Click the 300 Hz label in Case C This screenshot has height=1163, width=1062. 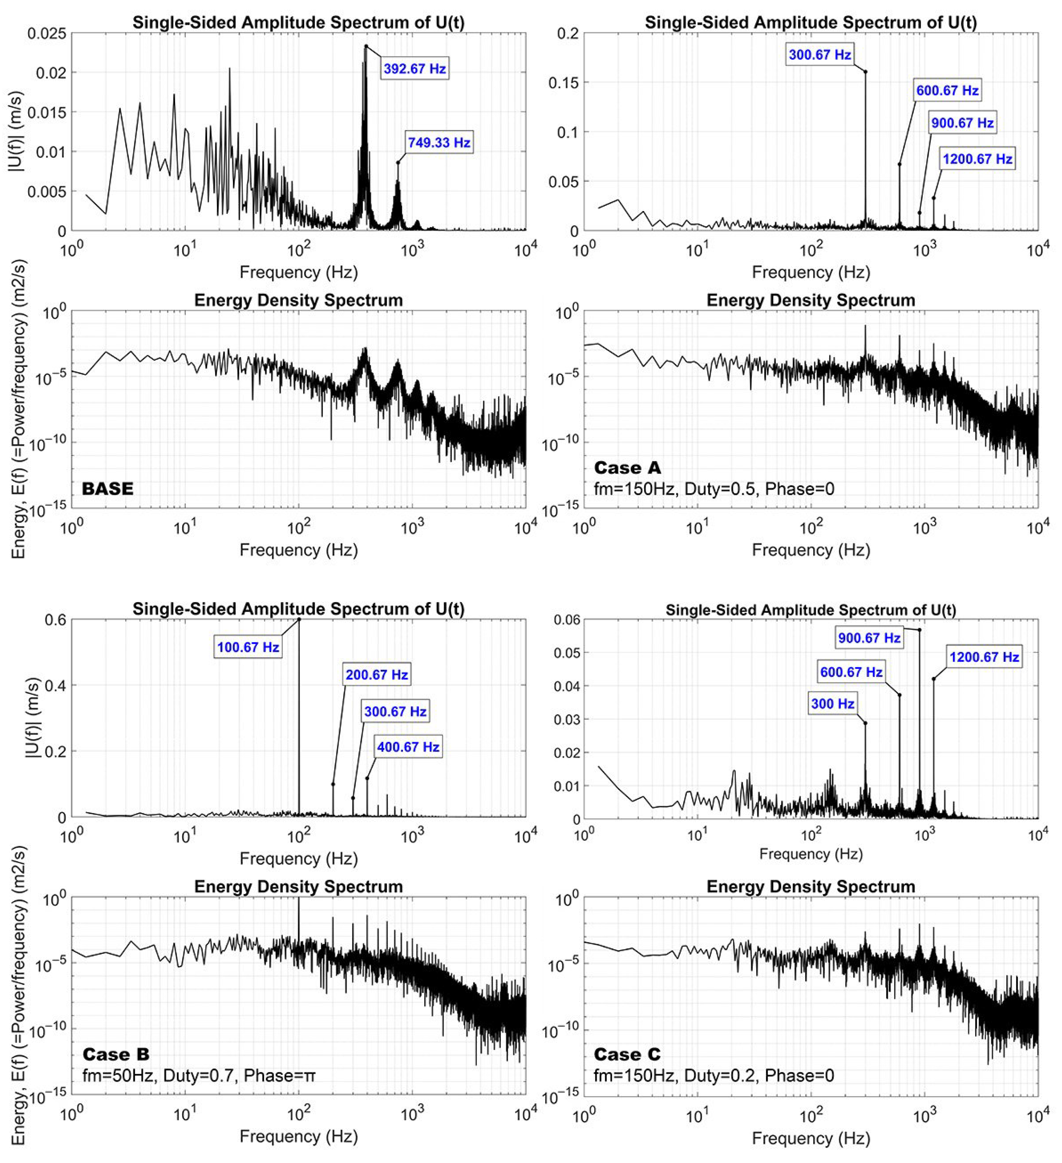832,704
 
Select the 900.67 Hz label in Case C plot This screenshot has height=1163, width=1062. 869,637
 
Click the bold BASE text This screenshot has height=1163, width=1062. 107,489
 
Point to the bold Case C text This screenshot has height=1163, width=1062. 627,1054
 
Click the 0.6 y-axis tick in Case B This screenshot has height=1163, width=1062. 55,620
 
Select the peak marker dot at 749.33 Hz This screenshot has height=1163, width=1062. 398,163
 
